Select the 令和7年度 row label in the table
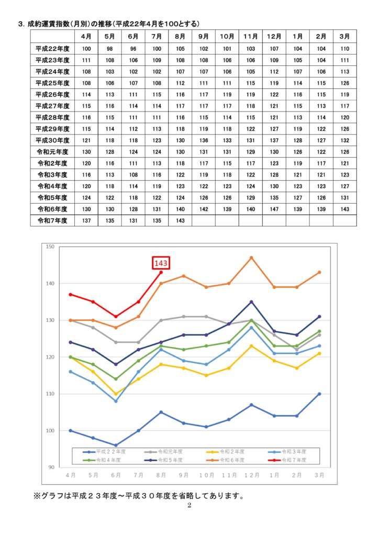tap(52, 220)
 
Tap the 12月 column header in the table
tap(274, 36)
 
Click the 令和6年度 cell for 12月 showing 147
tap(274, 208)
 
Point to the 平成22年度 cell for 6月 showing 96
tap(133, 49)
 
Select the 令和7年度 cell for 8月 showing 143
tap(180, 220)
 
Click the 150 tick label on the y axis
tap(50, 247)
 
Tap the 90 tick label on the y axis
tap(51, 467)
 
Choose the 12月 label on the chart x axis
tap(251, 475)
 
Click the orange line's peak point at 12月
tap(251, 258)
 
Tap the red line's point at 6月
tap(116, 317)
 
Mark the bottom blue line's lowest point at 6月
tap(116, 445)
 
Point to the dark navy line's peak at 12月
tap(251, 302)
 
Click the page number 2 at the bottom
tap(189, 506)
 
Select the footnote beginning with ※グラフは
tap(139, 495)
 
